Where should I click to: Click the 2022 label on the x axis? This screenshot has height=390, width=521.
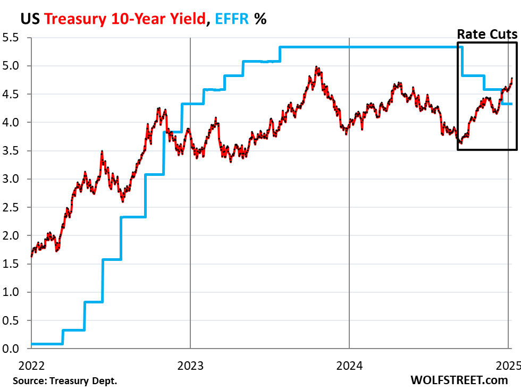(x=31, y=366)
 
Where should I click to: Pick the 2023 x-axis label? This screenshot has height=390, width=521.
(x=190, y=366)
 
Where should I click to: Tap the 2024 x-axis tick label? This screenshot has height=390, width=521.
(x=349, y=366)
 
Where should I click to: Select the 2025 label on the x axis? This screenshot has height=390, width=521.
(x=507, y=366)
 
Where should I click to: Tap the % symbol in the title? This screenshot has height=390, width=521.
(x=260, y=19)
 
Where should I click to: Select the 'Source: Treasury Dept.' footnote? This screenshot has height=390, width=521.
(x=65, y=380)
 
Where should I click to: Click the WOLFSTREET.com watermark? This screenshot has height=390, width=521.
(x=459, y=380)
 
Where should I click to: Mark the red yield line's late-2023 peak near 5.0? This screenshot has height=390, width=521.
(x=317, y=67)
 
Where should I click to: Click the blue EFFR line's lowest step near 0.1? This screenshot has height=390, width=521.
(x=47, y=344)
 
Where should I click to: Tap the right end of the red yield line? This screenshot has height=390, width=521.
(x=511, y=79)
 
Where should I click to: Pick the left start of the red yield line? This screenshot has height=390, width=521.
(x=32, y=256)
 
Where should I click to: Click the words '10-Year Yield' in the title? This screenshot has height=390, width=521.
(x=159, y=19)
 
